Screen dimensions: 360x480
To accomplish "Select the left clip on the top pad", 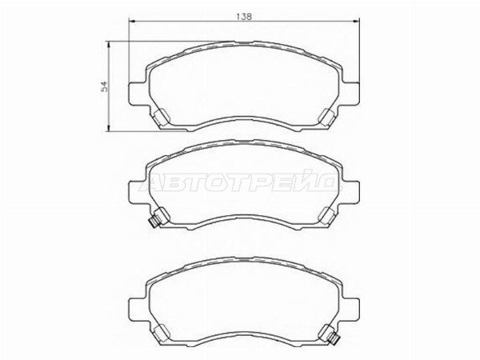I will [x=159, y=117].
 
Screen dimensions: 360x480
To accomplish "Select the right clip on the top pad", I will [x=326, y=117].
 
